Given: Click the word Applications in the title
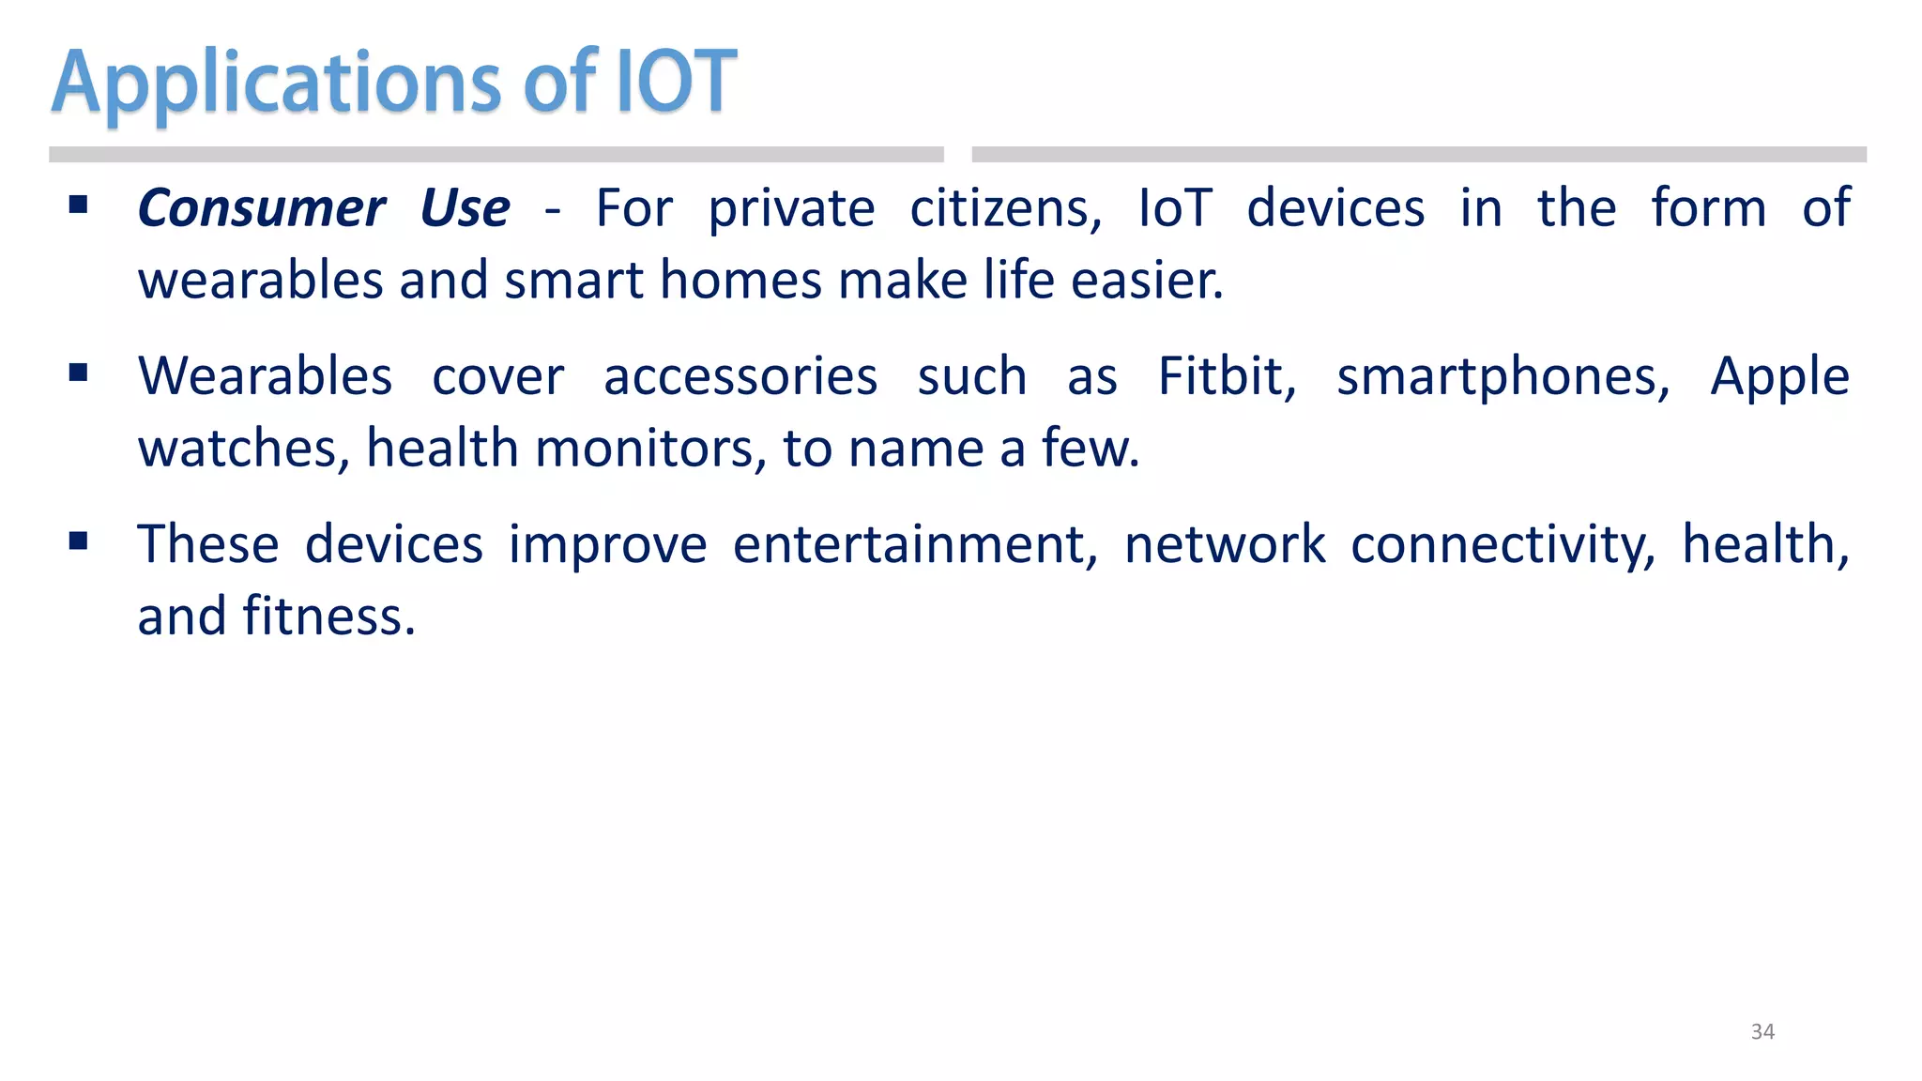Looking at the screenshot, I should pos(277,84).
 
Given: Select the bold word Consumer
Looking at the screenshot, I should pos(261,208).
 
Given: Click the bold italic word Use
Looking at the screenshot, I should pos(465,208).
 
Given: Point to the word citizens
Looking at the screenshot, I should pos(1005,208).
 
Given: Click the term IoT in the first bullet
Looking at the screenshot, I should pos(1175,208).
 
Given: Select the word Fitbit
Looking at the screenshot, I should pos(1227,377).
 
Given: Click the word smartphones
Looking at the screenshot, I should pos(1503,377).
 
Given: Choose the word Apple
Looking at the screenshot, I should pos(1779,377).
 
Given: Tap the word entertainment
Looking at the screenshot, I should pos(915,545).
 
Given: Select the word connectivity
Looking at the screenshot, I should pos(1503,545).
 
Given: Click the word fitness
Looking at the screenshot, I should pos(328,617).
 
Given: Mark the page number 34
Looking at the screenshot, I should pos(1762,1031).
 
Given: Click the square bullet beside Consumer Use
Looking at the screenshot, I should pos(79,205).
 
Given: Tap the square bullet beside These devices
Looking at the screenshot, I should pos(79,540).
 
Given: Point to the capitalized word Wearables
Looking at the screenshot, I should pos(265,377).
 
